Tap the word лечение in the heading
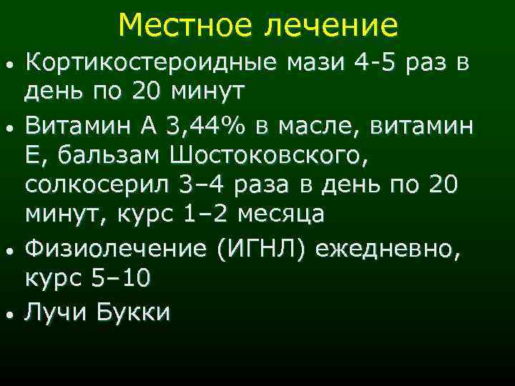click(x=333, y=26)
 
